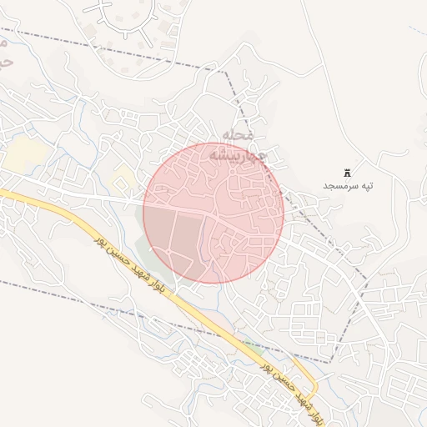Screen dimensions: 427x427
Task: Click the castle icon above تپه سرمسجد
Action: click(x=348, y=171)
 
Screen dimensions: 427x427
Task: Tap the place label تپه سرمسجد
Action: click(x=349, y=184)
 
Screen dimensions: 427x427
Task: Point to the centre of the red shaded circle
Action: click(x=213, y=213)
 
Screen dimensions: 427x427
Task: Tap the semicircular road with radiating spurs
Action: click(x=123, y=17)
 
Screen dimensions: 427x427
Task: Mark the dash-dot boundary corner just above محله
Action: click(x=225, y=70)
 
